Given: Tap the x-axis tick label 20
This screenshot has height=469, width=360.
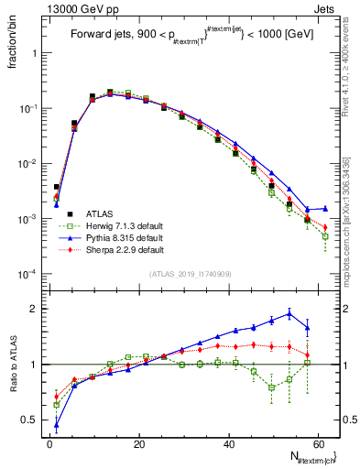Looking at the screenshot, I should (139, 444).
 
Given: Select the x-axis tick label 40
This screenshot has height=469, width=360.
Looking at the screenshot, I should (229, 444).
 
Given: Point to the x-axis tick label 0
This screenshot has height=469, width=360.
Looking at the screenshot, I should (49, 444).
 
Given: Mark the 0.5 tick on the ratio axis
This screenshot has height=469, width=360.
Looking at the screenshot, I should (33, 420).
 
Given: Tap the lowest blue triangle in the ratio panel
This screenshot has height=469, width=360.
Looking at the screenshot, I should (57, 424).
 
